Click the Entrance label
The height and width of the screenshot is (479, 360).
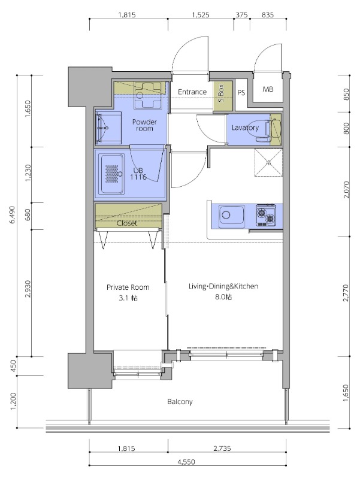[x=192, y=92]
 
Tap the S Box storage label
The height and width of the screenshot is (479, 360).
[x=221, y=93]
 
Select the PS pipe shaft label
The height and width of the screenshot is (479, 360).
[x=241, y=93]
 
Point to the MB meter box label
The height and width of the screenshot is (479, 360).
[x=268, y=89]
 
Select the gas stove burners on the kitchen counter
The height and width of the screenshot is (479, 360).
[x=265, y=215]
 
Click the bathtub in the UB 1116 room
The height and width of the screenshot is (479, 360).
[x=113, y=174]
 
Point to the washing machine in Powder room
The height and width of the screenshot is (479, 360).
[x=147, y=96]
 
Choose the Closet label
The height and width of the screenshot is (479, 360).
[x=127, y=223]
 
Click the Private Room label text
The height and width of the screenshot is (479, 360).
[x=128, y=287]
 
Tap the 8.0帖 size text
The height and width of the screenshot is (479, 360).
[x=223, y=296]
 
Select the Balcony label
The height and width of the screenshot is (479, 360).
[x=180, y=401]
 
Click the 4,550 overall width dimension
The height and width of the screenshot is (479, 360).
[x=186, y=462]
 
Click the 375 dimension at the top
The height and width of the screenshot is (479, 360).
[x=242, y=14]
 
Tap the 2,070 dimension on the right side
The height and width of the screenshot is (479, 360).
[x=346, y=190]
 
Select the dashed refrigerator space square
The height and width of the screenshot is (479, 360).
[x=268, y=162]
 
